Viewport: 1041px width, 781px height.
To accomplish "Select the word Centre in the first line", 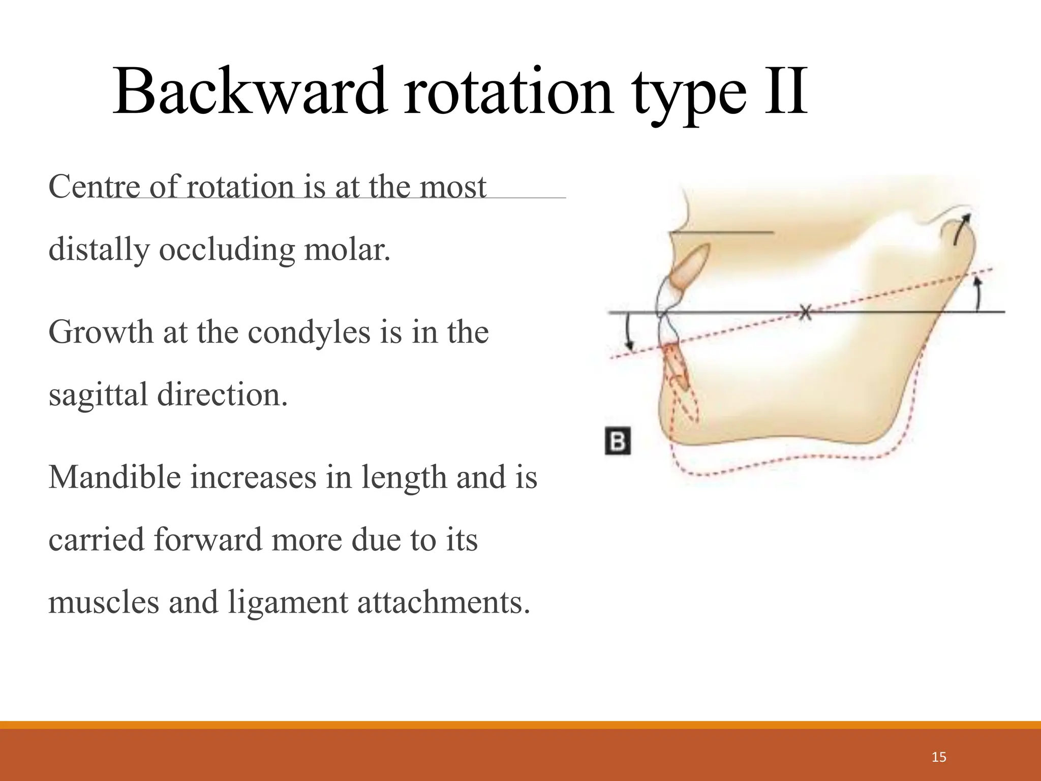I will (x=94, y=187).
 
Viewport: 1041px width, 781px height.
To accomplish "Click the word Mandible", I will (x=114, y=477).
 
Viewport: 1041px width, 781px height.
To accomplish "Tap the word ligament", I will (x=288, y=602).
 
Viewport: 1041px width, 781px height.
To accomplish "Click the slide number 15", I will (x=939, y=757).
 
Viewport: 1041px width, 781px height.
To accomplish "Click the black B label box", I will (x=618, y=441).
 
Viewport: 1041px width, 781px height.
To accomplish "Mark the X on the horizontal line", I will (x=804, y=312).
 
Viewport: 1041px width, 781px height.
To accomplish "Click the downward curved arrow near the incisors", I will (x=629, y=333).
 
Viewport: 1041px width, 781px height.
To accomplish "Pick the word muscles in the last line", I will (x=104, y=602).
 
